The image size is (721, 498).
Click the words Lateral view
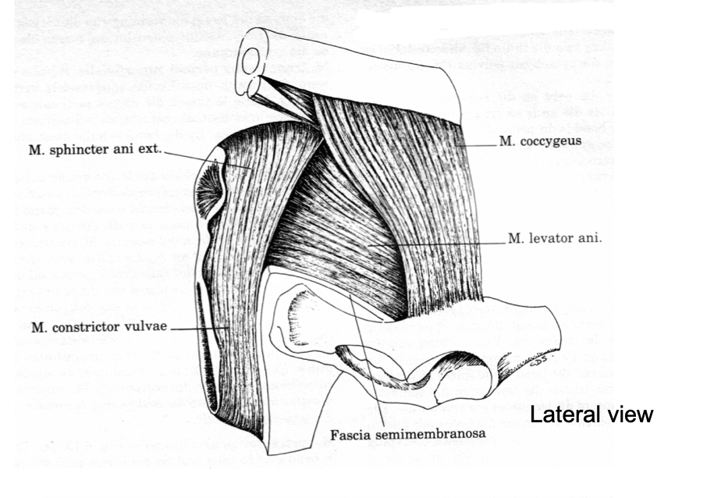[x=591, y=414]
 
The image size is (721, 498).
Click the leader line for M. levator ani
[x=445, y=244]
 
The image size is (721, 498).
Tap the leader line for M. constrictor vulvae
[x=199, y=329]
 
